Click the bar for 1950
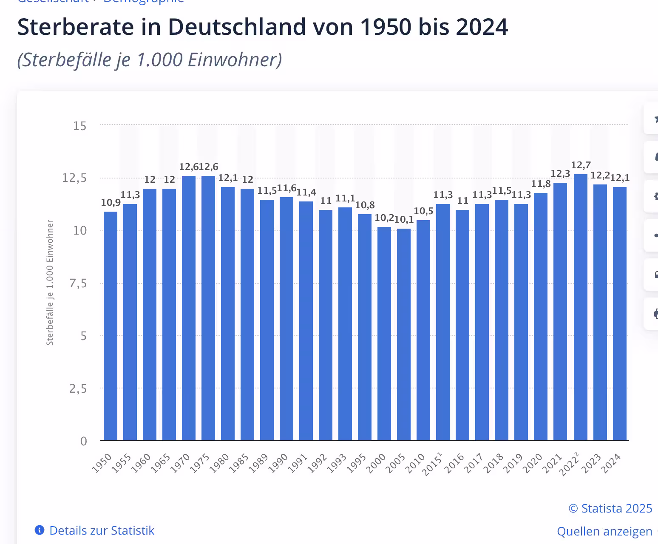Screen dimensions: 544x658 tap(111, 326)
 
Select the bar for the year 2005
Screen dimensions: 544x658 tap(404, 334)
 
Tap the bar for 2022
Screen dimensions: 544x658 tap(581, 307)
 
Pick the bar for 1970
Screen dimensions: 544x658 tap(189, 308)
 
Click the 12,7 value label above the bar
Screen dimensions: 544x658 tap(581, 165)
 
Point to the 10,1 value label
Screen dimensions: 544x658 tap(404, 220)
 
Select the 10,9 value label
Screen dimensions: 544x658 tap(111, 203)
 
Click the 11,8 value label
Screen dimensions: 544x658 tap(541, 184)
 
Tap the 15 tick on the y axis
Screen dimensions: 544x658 tap(79, 126)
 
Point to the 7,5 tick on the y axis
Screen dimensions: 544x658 tap(78, 283)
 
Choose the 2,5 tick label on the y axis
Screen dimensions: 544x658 tap(78, 388)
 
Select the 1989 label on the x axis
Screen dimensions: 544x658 tap(258, 463)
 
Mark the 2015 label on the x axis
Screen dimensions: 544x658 tap(432, 464)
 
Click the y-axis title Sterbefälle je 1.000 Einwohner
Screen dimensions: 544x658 tap(50, 283)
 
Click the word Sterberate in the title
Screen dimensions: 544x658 tap(75, 27)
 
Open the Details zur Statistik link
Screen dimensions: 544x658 tap(102, 530)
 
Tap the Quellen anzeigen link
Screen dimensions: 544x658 tap(604, 531)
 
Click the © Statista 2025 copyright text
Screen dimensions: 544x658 tap(610, 508)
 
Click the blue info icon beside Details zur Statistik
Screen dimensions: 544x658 tap(40, 530)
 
